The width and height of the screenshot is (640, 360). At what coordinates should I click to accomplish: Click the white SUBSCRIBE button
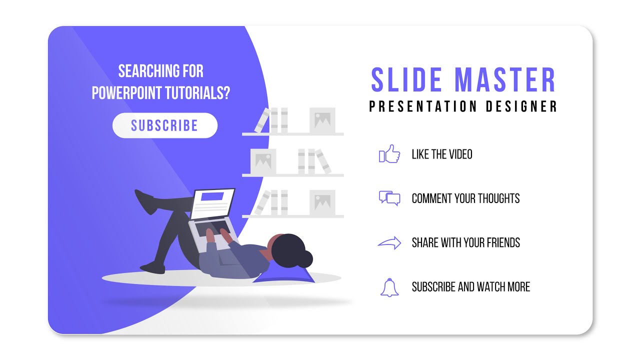pyautogui.click(x=164, y=125)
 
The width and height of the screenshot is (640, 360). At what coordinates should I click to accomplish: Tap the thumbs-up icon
pyautogui.click(x=390, y=154)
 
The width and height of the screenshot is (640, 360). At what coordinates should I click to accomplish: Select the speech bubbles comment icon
pyautogui.click(x=389, y=198)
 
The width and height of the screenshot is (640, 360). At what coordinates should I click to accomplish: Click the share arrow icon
pyautogui.click(x=389, y=243)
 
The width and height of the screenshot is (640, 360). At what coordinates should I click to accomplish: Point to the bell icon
pyautogui.click(x=389, y=287)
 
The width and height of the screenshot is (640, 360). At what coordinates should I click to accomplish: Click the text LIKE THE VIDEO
pyautogui.click(x=441, y=154)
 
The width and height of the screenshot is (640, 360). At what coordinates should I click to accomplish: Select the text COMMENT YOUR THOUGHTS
pyautogui.click(x=465, y=198)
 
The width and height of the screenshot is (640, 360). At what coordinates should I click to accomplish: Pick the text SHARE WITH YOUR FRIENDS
pyautogui.click(x=465, y=243)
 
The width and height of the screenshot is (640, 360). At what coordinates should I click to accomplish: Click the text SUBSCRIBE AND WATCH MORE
pyautogui.click(x=470, y=287)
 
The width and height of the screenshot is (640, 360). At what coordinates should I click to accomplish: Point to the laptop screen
pyautogui.click(x=213, y=202)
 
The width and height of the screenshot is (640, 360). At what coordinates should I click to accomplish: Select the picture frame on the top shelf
pyautogui.click(x=322, y=120)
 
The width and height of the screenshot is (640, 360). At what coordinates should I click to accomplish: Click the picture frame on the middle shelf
pyautogui.click(x=263, y=161)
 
